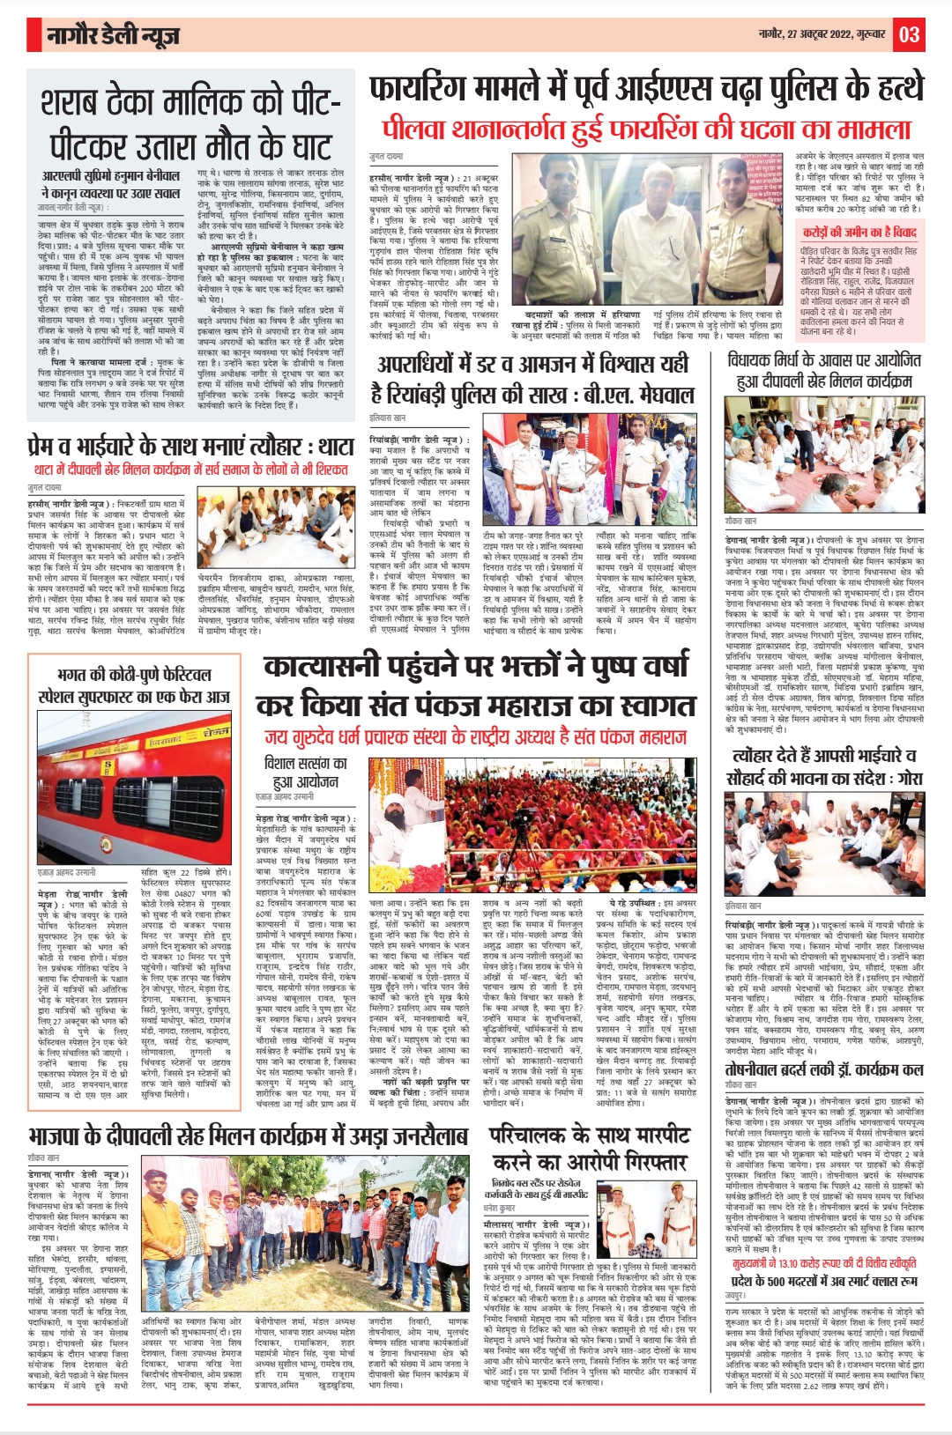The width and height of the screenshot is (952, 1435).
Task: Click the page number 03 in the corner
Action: point(909,35)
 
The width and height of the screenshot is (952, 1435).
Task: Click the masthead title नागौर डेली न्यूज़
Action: point(115,36)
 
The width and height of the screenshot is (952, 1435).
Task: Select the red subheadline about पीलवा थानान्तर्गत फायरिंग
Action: point(646,129)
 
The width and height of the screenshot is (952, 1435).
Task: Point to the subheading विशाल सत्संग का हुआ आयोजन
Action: point(305,773)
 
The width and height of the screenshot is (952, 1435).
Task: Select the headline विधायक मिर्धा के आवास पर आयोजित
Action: point(824,370)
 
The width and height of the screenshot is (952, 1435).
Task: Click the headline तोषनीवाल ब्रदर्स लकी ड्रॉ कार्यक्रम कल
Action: point(823,1069)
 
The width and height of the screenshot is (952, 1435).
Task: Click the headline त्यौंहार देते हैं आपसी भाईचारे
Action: point(823,766)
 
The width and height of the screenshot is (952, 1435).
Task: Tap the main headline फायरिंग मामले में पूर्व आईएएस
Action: point(646,90)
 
